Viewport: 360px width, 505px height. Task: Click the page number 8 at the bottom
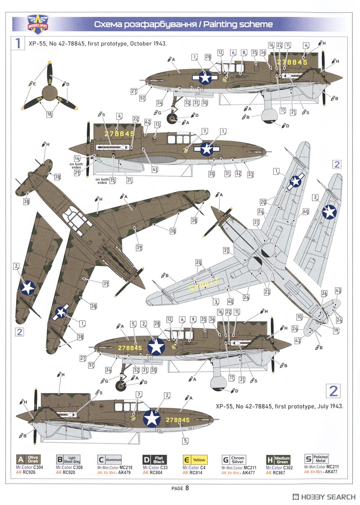tap(187, 488)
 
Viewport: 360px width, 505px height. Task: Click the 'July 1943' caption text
tap(328, 407)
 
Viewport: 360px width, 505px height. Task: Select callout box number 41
tap(155, 170)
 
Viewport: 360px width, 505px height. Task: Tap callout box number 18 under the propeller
tap(50, 114)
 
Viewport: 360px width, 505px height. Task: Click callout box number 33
tap(251, 174)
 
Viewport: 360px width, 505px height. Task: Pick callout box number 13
tap(157, 125)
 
